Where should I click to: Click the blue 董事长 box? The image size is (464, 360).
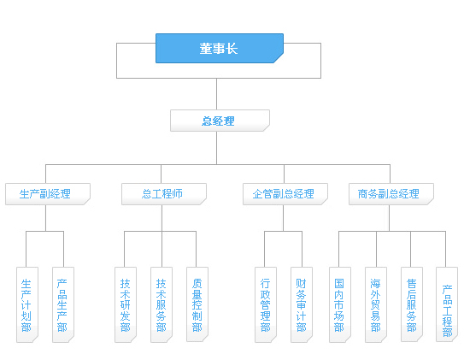point(220,48)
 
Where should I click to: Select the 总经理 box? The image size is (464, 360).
point(220,121)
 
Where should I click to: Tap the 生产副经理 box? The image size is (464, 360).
point(48,194)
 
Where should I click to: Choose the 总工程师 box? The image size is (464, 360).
point(164,194)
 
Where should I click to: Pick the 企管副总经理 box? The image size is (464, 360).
point(285,194)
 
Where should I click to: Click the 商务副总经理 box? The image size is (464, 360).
point(391,194)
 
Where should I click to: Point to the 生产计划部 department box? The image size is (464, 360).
point(27,304)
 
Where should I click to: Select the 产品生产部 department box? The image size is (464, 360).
point(63,304)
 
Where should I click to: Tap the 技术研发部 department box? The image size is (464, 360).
point(126,304)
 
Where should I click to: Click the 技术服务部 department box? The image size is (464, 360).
point(162,304)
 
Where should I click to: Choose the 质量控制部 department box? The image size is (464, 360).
point(197,304)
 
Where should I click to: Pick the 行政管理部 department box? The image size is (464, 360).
point(266,304)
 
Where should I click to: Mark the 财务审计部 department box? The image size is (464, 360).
point(302,304)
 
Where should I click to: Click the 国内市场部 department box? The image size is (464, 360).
point(340,304)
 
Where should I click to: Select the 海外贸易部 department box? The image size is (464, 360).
point(376,304)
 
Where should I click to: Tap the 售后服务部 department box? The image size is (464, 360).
point(412,304)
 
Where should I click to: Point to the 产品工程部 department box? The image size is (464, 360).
point(447,304)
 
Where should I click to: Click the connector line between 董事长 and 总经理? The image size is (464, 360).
point(216,94)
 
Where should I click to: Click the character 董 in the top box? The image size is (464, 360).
point(206,48)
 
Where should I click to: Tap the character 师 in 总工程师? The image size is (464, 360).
point(177,194)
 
